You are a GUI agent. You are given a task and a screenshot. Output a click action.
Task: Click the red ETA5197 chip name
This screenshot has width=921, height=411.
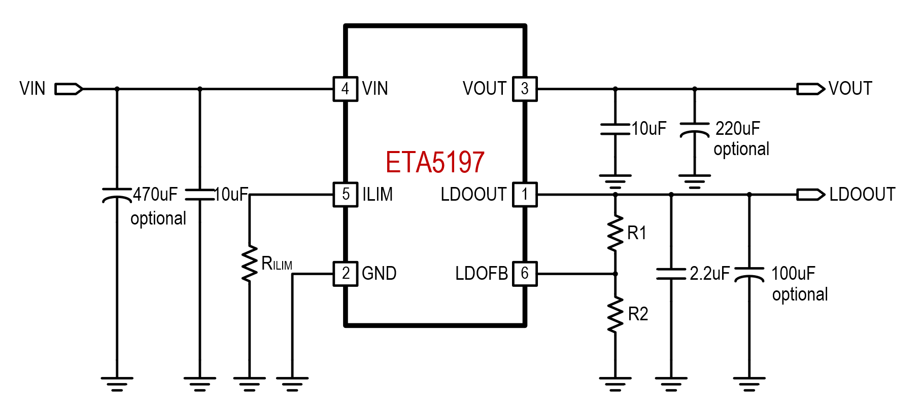coord(435,162)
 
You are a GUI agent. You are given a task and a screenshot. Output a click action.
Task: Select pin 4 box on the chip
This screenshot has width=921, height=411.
coord(346,89)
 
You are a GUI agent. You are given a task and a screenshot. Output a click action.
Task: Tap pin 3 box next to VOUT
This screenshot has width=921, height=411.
coord(525,89)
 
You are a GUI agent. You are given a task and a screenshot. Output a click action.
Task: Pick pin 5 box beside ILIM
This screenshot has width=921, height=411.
coord(346,195)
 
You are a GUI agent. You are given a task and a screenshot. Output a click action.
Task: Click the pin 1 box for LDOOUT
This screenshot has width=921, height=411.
coord(525,195)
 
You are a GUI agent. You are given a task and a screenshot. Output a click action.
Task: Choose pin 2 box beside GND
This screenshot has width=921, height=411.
coord(346,274)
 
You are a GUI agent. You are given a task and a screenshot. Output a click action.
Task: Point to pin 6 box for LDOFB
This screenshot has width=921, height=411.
coord(525,274)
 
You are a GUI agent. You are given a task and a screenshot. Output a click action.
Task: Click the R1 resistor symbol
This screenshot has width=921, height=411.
coord(615,233)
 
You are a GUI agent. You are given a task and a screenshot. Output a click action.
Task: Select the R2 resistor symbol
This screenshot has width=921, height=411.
coord(615,314)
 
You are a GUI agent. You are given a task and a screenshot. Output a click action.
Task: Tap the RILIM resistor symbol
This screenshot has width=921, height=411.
coord(249,264)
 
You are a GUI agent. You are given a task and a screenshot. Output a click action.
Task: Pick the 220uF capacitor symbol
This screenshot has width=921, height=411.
coord(694,130)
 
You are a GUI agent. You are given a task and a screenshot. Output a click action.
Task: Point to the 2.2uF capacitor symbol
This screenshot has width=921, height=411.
coord(671,274)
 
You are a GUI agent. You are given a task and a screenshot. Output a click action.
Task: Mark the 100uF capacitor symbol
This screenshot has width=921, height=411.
coord(749,274)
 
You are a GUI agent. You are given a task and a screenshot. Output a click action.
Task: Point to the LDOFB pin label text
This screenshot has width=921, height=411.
coord(481,274)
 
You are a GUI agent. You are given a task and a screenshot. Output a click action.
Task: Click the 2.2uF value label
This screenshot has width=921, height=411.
coord(709,274)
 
